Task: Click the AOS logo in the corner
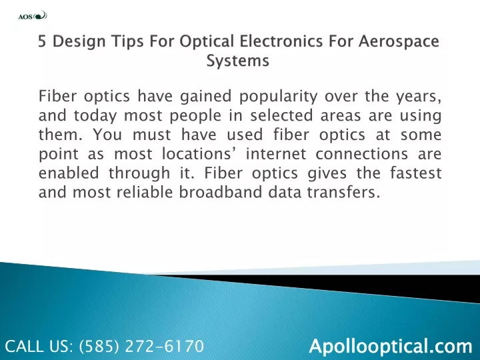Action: [x=33, y=15]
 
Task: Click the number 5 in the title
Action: [x=42, y=41]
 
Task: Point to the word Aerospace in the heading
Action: [x=399, y=41]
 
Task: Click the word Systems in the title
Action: [x=237, y=61]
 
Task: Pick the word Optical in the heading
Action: [x=207, y=41]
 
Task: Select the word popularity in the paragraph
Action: [x=278, y=97]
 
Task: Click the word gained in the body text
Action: [x=205, y=97]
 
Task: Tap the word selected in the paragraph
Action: [x=281, y=115]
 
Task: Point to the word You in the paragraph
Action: [x=107, y=135]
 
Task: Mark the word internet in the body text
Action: [x=276, y=154]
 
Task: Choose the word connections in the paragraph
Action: [x=361, y=154]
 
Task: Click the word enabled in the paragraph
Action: [x=69, y=173]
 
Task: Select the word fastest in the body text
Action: [x=416, y=173]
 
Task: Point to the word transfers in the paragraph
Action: [x=343, y=192]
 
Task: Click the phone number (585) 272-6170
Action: [x=141, y=346]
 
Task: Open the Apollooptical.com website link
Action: [x=391, y=347]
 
